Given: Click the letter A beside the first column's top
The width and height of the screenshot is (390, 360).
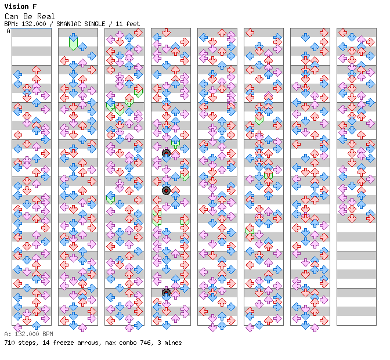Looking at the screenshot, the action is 9,31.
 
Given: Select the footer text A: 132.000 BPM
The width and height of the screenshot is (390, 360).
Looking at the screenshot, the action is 28,334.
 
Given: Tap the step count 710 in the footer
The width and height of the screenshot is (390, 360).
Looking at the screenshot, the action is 9,343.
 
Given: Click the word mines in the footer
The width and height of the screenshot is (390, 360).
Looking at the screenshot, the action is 173,343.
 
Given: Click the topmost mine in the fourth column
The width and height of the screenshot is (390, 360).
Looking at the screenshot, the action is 166,153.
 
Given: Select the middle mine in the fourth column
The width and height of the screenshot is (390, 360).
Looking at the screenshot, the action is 166,191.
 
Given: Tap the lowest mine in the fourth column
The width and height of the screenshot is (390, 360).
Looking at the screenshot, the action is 166,293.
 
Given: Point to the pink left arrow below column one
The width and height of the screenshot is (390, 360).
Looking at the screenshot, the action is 17,327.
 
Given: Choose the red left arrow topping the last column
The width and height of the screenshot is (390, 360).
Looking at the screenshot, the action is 343,33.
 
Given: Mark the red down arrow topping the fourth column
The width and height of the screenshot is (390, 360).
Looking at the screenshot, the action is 166,33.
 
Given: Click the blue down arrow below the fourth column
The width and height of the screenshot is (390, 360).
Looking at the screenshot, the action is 166,325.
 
